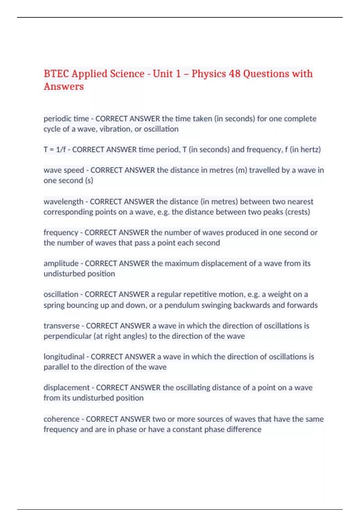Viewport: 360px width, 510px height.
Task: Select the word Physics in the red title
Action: pos(208,74)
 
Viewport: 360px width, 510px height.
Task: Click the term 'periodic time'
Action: pos(66,119)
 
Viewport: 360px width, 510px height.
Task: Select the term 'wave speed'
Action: pos(64,170)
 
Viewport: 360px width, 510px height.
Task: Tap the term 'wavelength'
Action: pos(63,202)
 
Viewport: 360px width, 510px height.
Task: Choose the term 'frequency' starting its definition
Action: pos(61,232)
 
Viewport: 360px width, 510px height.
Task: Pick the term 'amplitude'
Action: pos(61,263)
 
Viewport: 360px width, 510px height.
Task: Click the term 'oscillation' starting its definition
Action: pos(61,294)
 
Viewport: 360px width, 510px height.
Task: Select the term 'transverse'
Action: pos(61,326)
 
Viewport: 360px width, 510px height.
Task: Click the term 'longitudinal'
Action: pos(64,357)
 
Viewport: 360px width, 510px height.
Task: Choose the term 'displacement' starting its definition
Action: pos(67,388)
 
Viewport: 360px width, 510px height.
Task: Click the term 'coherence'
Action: pos(61,419)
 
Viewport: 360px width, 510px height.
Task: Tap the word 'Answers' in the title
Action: pos(64,86)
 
